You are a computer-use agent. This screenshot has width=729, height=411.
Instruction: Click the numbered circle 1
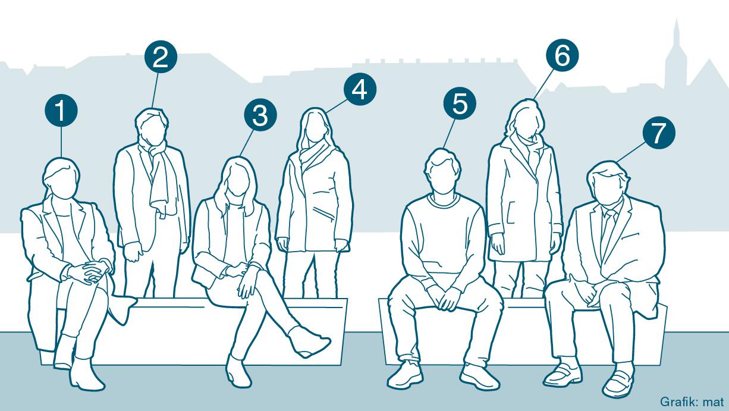tap(61, 110)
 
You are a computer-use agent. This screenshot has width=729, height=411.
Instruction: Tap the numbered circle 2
tap(161, 57)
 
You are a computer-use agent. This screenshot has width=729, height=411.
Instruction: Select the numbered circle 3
tap(260, 115)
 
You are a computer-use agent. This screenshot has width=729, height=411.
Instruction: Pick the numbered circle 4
tap(360, 89)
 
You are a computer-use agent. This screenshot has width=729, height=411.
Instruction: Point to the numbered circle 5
tap(460, 103)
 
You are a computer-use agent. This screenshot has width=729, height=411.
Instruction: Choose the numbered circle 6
tap(563, 55)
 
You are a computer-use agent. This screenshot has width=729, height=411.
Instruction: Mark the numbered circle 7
tap(659, 133)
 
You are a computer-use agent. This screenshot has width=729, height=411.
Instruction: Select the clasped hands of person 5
tap(448, 298)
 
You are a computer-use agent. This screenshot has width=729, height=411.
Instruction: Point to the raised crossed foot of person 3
tap(309, 341)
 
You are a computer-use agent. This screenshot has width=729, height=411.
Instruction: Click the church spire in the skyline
tap(676, 55)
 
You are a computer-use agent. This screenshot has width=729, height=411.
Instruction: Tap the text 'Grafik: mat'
tap(692, 402)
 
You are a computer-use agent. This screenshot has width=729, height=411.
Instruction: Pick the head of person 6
tap(524, 120)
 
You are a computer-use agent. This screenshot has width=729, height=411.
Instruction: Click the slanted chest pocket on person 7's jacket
tap(630, 236)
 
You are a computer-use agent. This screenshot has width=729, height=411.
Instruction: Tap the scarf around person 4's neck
tap(314, 152)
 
